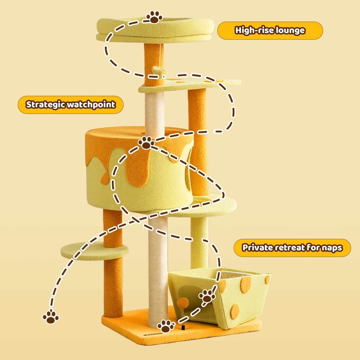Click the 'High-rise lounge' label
coord(270,31)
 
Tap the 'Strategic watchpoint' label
coord(70,105)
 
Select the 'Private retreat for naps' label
coord(292,248)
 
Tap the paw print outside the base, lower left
coord(51,317)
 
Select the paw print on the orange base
coord(166,326)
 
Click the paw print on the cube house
coord(207,296)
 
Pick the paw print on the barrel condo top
coord(146,143)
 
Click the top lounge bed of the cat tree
coord(155,30)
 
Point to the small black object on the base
coord(183,327)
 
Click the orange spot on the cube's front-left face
coord(183,302)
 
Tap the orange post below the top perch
coord(154,65)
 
